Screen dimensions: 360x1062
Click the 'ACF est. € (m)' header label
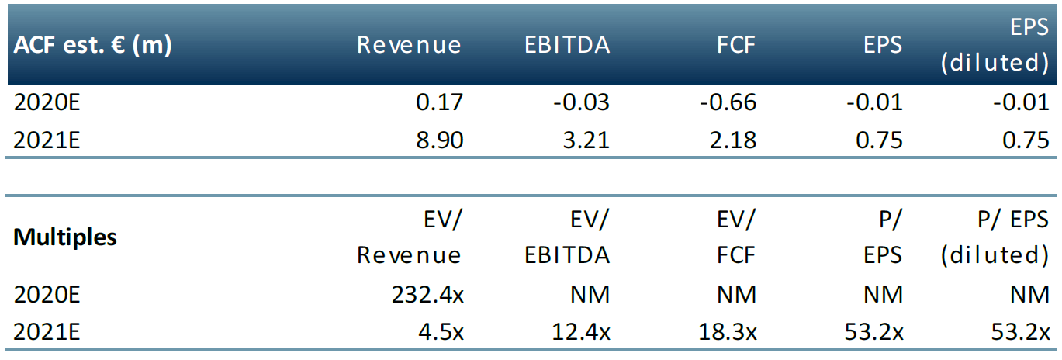pos(92,45)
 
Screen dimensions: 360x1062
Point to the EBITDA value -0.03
pos(582,102)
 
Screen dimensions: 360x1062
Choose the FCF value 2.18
pos(734,140)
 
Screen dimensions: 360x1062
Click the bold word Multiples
pos(65,237)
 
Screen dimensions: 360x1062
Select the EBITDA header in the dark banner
pos(567,45)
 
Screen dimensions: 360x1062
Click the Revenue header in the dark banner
pos(409,45)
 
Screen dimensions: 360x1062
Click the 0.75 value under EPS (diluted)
pos(1026,140)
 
